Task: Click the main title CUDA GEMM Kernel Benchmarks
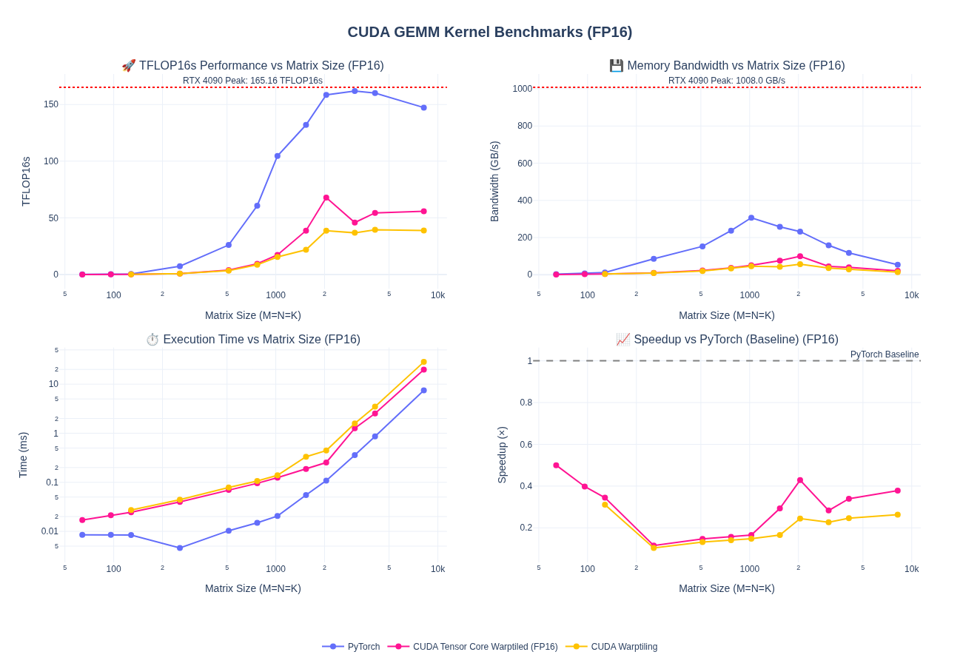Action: [489, 33]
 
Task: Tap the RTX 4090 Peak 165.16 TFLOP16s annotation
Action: [252, 81]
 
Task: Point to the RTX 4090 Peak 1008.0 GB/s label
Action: [726, 81]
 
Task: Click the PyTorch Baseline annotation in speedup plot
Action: [884, 354]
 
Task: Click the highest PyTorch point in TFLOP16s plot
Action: [355, 91]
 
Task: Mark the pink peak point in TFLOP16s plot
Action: [326, 198]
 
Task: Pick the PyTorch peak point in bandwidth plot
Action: [751, 218]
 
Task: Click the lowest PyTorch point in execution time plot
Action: [180, 548]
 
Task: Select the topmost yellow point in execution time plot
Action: [423, 362]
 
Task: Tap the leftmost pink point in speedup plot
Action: [556, 465]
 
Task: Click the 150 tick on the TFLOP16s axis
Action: [51, 104]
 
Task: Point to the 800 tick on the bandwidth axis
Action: [525, 126]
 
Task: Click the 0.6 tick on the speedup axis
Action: [526, 445]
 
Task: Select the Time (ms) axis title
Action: [23, 455]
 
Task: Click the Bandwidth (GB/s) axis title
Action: [495, 181]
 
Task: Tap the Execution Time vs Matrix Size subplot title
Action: [253, 340]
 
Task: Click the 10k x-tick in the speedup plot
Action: [911, 569]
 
